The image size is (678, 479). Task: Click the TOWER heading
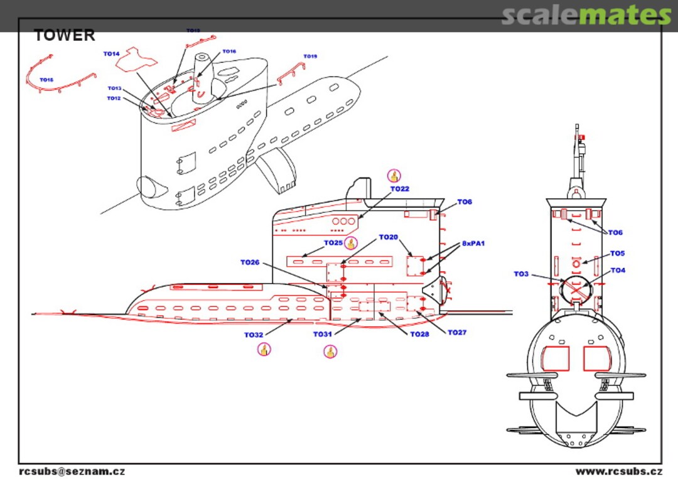65,35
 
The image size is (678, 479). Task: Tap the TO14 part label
111,54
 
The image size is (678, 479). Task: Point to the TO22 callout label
399,189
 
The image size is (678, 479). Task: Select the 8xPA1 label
473,243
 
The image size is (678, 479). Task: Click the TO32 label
254,335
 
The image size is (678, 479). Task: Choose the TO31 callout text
323,335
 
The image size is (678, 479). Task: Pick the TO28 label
419,335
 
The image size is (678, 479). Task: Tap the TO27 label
457,333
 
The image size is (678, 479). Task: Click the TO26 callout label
250,262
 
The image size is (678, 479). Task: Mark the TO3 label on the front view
521,274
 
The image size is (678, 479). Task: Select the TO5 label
618,254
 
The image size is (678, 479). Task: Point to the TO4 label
618,271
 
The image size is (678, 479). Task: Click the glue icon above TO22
394,176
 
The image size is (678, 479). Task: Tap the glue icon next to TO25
350,243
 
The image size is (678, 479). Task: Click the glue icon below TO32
264,349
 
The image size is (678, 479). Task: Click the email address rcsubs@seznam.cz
72,471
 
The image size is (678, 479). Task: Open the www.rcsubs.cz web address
618,471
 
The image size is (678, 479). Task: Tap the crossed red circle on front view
576,290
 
